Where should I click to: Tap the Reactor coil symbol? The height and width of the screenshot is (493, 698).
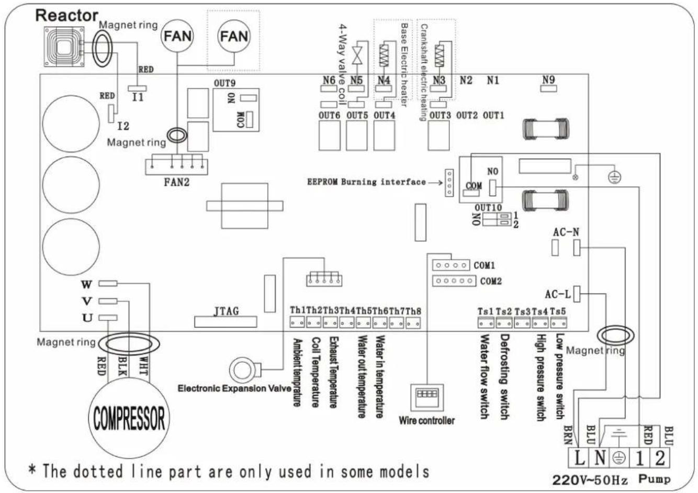(63, 43)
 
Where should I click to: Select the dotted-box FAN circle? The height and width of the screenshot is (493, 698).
(233, 37)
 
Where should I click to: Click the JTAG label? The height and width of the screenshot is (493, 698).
(226, 311)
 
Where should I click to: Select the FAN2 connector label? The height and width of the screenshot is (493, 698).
(176, 183)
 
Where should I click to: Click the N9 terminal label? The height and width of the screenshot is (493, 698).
(548, 80)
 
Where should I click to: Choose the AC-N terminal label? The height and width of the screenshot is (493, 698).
(566, 232)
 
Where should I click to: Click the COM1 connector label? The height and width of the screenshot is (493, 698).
(484, 266)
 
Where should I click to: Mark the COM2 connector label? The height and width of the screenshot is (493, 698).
(491, 282)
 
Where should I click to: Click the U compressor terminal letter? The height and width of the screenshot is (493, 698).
(87, 318)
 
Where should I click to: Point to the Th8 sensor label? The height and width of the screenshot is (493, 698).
(413, 311)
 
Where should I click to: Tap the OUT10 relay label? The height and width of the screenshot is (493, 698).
(488, 207)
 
